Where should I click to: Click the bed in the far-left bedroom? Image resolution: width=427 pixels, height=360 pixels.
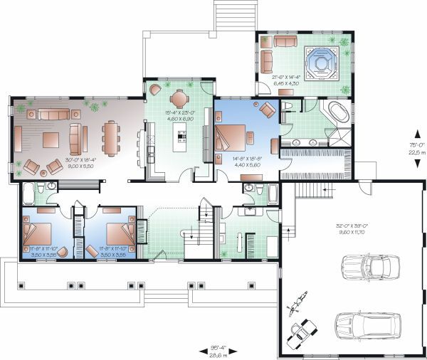(x=40, y=233)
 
